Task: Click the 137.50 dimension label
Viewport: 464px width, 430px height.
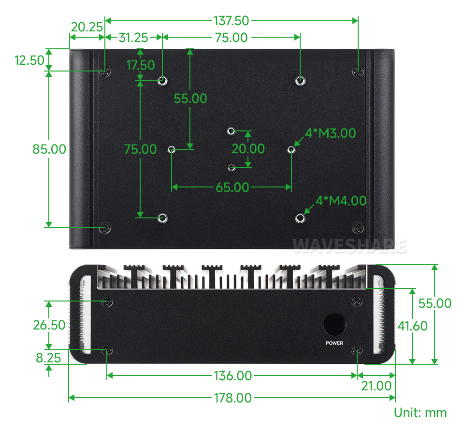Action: tap(232, 21)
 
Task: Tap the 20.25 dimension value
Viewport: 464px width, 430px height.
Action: tap(87, 27)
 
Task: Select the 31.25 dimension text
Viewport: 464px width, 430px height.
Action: tap(133, 38)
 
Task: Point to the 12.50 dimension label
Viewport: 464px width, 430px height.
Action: tap(29, 60)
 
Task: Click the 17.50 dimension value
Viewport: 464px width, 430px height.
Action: tap(141, 65)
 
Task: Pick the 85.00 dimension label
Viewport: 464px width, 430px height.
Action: tap(49, 149)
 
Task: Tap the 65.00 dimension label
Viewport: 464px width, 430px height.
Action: tap(232, 187)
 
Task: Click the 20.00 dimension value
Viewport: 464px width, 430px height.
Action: tap(248, 149)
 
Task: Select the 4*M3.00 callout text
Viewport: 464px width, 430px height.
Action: tap(330, 133)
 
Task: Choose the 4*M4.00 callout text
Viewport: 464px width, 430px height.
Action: tap(341, 201)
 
